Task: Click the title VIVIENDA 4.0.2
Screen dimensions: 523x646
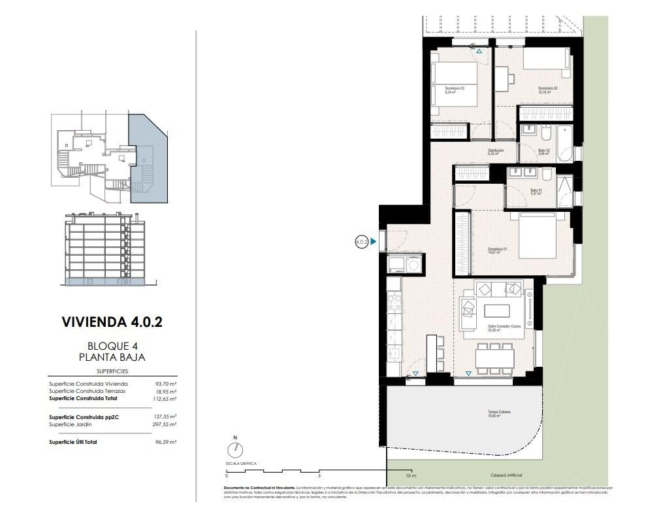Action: [x=112, y=322]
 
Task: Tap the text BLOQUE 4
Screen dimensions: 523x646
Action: [x=112, y=346]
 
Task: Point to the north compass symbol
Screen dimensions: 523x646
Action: [x=234, y=450]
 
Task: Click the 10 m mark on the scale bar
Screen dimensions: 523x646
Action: [x=410, y=475]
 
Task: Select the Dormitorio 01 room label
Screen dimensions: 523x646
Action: [x=498, y=250]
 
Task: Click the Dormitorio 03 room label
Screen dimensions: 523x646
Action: [x=455, y=90]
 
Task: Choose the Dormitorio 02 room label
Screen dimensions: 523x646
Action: [x=547, y=90]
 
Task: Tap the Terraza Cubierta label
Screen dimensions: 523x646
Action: [x=498, y=413]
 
